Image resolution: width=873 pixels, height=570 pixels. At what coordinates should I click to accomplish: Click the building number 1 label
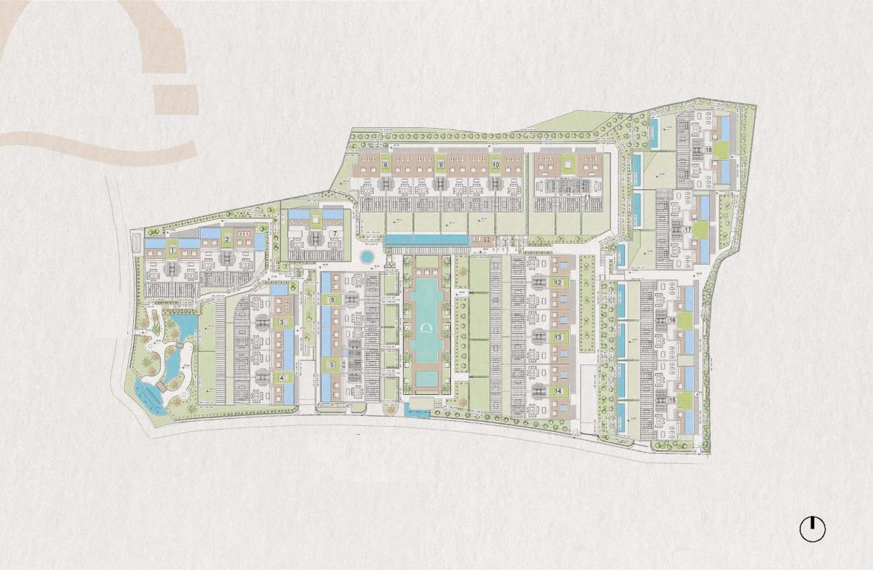click(x=172, y=250)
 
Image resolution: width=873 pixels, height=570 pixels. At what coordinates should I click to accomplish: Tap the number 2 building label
click(x=227, y=238)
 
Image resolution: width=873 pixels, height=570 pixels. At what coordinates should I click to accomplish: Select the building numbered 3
click(x=282, y=322)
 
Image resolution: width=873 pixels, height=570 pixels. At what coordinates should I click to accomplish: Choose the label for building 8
click(x=384, y=165)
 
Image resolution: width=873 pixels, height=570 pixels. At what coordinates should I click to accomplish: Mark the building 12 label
click(x=558, y=282)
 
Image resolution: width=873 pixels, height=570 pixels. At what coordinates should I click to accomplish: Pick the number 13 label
click(x=558, y=337)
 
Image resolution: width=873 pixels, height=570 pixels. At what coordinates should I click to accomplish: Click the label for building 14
click(x=558, y=391)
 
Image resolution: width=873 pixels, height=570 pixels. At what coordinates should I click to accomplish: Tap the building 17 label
click(x=687, y=230)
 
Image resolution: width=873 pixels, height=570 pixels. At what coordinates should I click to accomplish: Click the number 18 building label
click(x=708, y=150)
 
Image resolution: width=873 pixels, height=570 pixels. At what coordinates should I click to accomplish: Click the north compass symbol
click(x=813, y=529)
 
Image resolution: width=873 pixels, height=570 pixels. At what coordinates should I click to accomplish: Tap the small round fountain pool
click(x=367, y=257)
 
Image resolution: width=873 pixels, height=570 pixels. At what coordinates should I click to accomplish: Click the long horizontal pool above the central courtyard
click(x=426, y=239)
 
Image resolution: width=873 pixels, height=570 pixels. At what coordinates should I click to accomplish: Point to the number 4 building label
click(x=282, y=377)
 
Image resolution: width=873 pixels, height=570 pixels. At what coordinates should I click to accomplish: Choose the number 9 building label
click(x=441, y=165)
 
